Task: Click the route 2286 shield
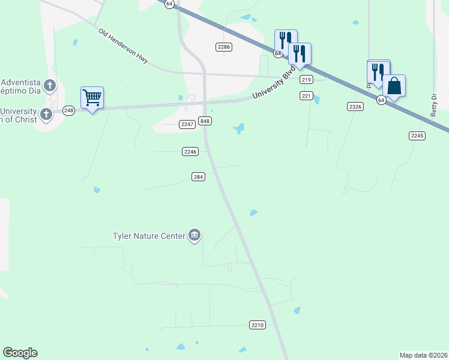224,47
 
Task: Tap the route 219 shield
306,80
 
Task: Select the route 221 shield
306,96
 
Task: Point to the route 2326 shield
355,106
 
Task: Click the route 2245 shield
417,136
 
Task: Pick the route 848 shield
205,121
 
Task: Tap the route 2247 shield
187,124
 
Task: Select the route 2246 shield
190,152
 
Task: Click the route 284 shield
199,176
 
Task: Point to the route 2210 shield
257,325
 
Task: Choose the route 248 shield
68,110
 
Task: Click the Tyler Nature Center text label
149,236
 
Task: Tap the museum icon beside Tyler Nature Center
194,235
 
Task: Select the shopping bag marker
394,86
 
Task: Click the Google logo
20,353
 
